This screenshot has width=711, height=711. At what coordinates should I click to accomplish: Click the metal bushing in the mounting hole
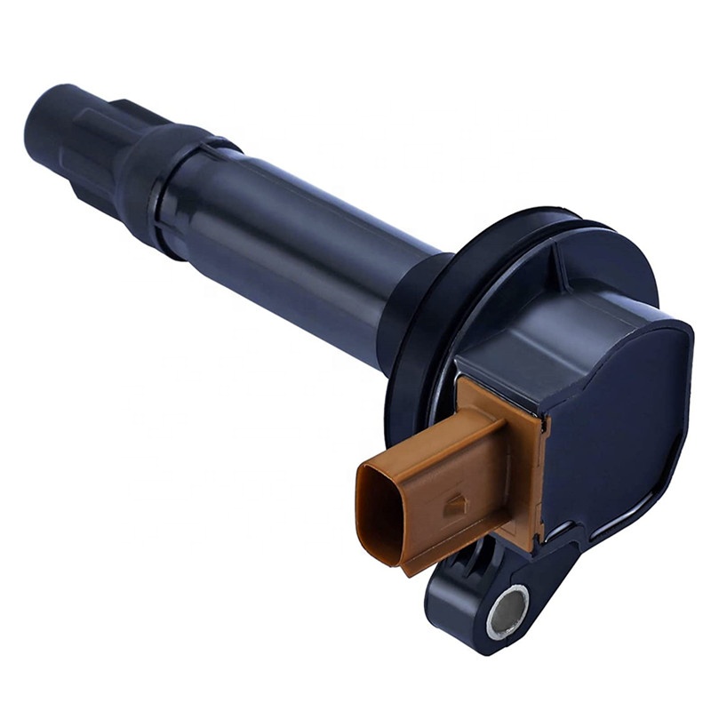coord(507,611)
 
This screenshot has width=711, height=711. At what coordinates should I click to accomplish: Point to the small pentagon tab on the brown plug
coord(455,504)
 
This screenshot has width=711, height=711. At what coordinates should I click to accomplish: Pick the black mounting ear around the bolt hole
coord(471,613)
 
